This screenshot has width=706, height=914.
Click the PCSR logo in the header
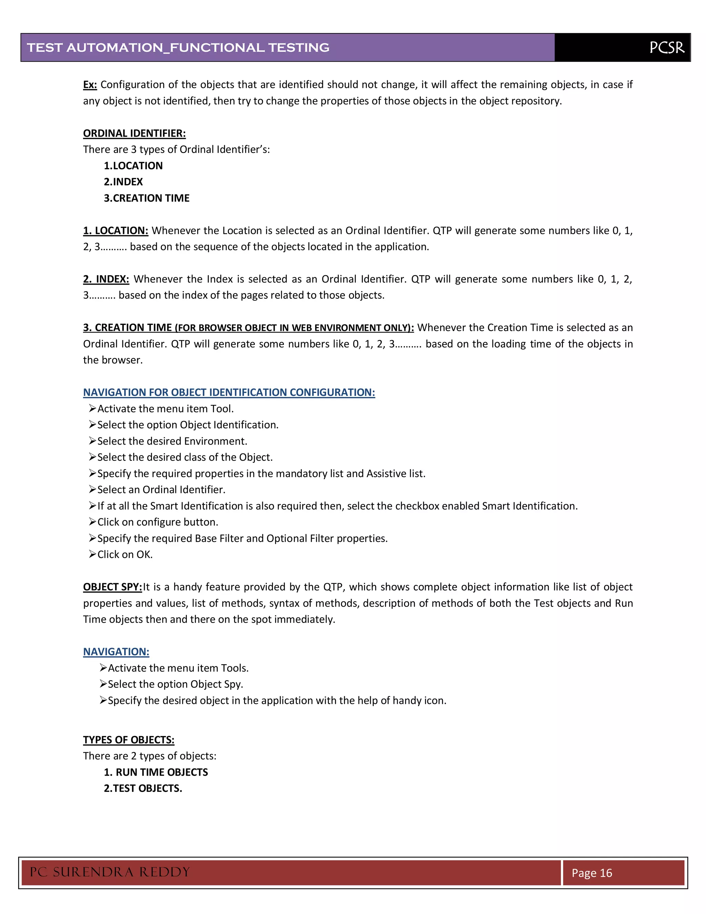[x=667, y=48]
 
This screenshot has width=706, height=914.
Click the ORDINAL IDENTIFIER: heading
[x=134, y=133]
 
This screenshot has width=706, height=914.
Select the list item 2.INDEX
[x=123, y=182]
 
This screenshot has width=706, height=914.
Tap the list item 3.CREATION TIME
[x=147, y=198]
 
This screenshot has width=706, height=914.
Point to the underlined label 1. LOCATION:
[x=115, y=231]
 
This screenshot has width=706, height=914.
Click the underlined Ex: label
[x=90, y=85]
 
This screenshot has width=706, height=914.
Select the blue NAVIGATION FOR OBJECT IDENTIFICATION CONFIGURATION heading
[x=229, y=393]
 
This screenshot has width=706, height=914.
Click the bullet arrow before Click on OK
[x=92, y=554]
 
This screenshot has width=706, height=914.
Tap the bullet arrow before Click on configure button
[x=92, y=522]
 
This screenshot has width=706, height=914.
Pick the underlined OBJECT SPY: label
[x=112, y=587]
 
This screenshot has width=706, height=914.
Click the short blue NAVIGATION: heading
[x=116, y=652]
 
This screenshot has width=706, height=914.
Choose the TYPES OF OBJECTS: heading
[x=128, y=740]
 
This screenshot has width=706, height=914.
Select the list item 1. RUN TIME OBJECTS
[x=155, y=773]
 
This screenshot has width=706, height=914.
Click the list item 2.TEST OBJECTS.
[x=143, y=788]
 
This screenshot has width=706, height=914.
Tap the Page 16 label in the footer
[x=592, y=873]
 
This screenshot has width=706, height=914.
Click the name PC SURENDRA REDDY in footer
[x=110, y=872]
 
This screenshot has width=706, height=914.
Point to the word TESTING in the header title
[x=299, y=48]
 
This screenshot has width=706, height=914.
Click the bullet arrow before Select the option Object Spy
[x=103, y=684]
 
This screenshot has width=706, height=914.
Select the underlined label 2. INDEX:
[x=106, y=279]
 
